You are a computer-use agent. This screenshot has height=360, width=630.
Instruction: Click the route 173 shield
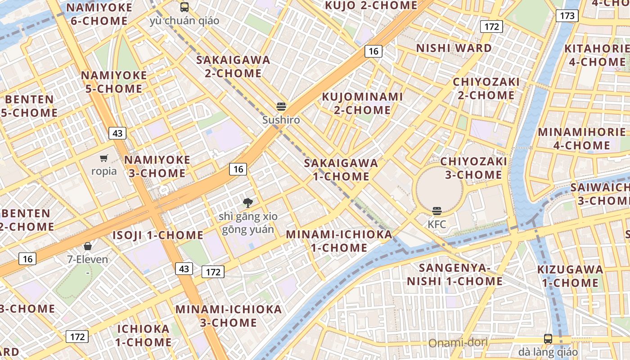tap(567, 16)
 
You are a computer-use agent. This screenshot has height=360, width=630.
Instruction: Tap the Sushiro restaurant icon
tap(282, 107)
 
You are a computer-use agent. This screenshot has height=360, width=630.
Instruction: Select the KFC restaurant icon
tap(436, 211)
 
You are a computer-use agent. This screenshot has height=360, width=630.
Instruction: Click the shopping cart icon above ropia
tap(104, 158)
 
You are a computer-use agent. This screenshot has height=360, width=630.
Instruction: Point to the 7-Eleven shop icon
tap(88, 246)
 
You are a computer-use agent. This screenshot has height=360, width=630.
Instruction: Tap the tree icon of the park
tap(247, 203)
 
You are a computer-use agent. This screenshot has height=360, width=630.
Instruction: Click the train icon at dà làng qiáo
tap(548, 339)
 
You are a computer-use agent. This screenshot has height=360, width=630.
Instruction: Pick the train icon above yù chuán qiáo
tap(184, 7)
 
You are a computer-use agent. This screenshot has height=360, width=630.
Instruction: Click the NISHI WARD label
tap(454, 48)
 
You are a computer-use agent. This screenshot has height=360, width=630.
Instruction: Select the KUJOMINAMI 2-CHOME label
tap(362, 103)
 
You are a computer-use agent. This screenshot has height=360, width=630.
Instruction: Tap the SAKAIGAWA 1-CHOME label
tap(341, 170)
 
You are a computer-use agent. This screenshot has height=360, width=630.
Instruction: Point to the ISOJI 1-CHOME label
tap(158, 235)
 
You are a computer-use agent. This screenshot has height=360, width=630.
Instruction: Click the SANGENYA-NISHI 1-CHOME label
tap(454, 274)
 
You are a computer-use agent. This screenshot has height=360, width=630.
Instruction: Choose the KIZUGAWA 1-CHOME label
tap(570, 276)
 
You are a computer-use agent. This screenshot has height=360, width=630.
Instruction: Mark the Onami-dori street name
tap(458, 343)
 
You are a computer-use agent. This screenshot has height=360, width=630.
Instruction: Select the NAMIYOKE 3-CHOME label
tap(157, 166)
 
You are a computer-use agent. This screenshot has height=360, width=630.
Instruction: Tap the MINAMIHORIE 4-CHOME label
tap(582, 139)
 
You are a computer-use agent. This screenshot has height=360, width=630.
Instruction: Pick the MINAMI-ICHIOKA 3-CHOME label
tap(229, 316)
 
